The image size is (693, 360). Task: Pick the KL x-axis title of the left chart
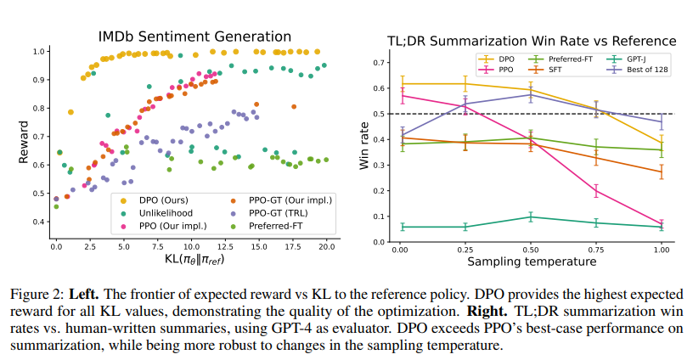(190, 260)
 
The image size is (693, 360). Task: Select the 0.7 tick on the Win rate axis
(379, 61)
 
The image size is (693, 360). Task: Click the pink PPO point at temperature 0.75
(595, 192)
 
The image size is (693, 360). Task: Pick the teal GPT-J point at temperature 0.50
(531, 217)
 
